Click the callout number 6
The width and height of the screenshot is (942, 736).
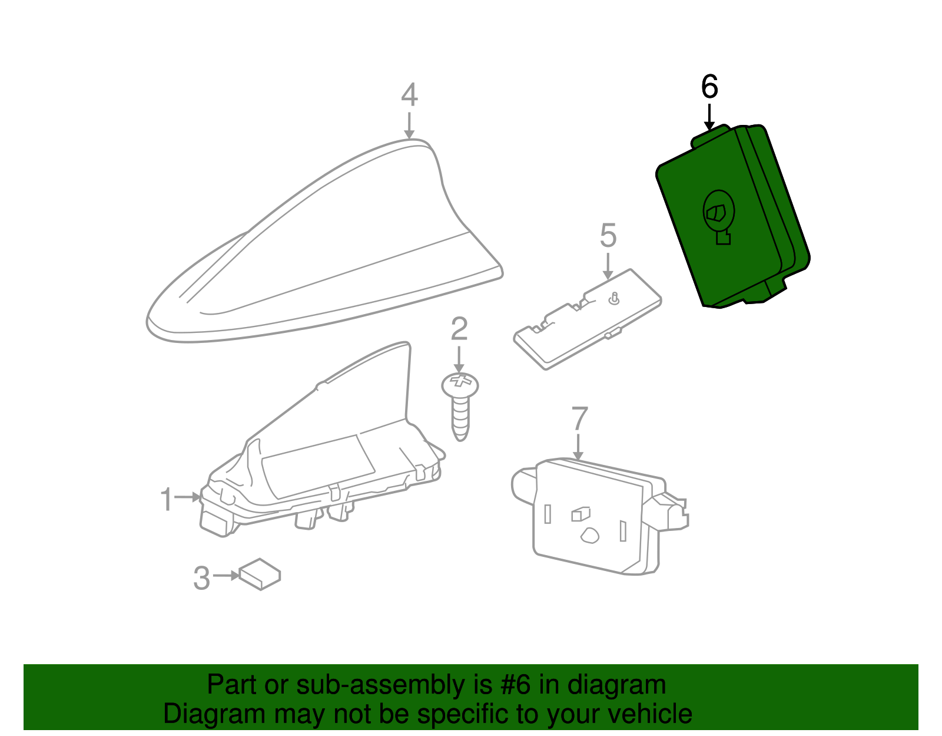pyautogui.click(x=709, y=87)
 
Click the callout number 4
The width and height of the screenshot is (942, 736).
pyautogui.click(x=409, y=94)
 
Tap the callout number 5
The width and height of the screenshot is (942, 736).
pyautogui.click(x=608, y=236)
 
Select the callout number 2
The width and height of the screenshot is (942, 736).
pyautogui.click(x=459, y=329)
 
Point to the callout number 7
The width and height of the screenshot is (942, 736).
pyautogui.click(x=579, y=418)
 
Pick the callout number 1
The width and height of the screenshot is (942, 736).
pyautogui.click(x=167, y=499)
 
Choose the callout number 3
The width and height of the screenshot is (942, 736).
pyautogui.click(x=201, y=578)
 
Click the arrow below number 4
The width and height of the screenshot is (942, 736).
pyautogui.click(x=409, y=126)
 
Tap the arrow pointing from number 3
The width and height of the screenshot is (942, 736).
pyautogui.click(x=226, y=576)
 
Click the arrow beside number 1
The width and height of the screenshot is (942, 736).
pyautogui.click(x=188, y=497)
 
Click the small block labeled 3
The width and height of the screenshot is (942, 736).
pyautogui.click(x=260, y=574)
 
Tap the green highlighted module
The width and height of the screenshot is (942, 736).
pyautogui.click(x=732, y=217)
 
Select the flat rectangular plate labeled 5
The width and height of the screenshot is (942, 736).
pyautogui.click(x=588, y=319)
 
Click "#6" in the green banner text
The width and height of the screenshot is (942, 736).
pyautogui.click(x=515, y=685)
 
